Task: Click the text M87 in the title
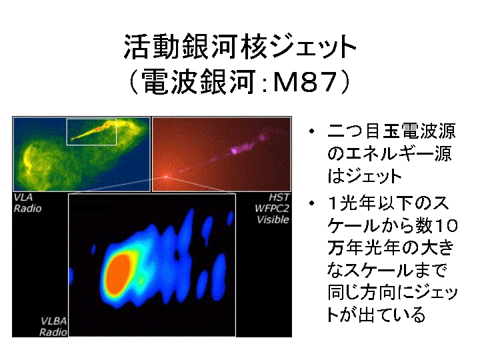305,81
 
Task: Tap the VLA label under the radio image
23,197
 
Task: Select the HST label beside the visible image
279,197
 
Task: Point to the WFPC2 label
272,209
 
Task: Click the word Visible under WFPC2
273,219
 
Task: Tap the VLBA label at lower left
53,321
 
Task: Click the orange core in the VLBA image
119,275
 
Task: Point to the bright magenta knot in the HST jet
235,150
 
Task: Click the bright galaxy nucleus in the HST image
165,177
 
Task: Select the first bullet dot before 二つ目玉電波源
311,131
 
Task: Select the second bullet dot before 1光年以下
311,203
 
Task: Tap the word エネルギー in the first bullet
389,154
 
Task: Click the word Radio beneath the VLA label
27,209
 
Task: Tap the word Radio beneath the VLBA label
53,332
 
